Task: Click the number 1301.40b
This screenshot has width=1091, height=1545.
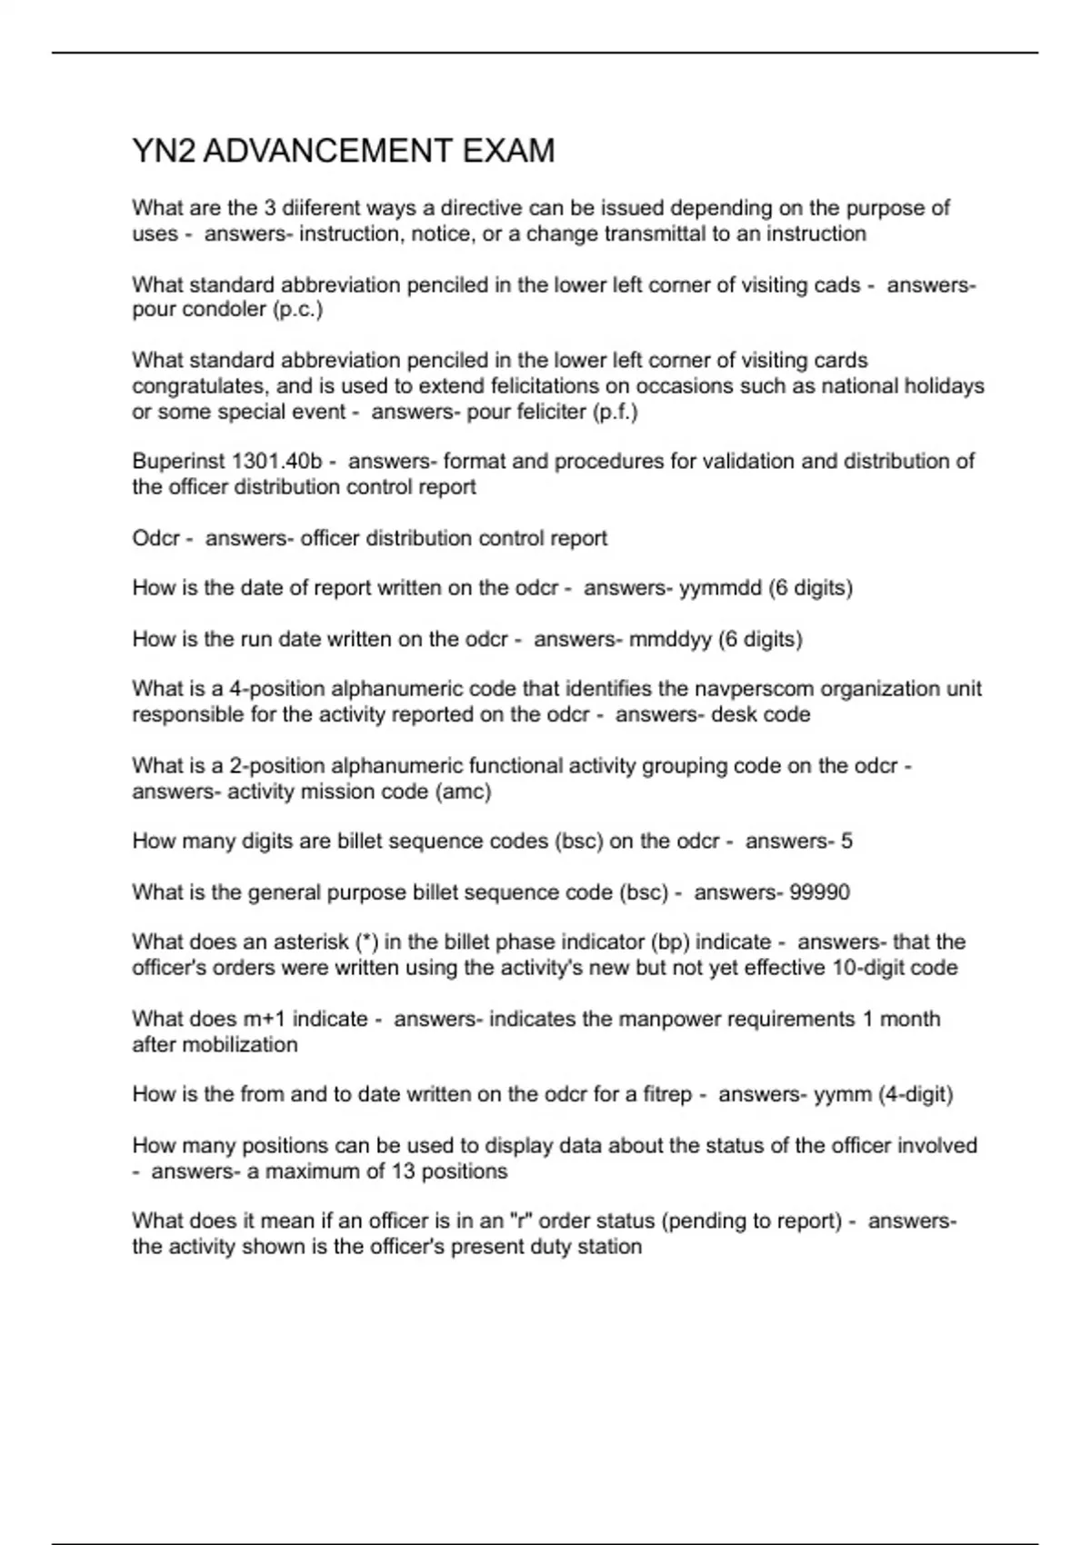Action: pos(277,462)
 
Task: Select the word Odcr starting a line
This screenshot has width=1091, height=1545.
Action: pos(155,538)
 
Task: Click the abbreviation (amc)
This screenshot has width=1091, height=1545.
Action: pos(462,792)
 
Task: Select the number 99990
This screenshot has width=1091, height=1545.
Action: pos(819,892)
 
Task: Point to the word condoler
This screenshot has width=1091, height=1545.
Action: pos(223,310)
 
